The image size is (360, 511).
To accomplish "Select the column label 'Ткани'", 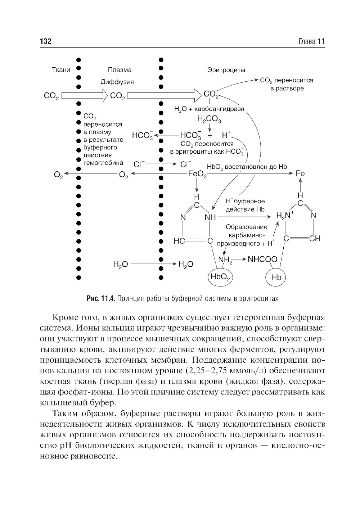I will coord(61,70).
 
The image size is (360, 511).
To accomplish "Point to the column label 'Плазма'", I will coord(120,70).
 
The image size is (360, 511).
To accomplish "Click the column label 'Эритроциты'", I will coord(226,70).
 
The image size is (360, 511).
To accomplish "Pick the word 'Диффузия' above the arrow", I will coord(117,82).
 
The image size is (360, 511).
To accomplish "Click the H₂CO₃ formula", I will coord(209,119).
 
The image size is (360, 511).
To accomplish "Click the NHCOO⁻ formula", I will coord(265,259).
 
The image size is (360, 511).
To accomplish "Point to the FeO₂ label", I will coord(197,175).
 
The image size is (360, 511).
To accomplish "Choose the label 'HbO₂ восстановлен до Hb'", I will coord(247,167).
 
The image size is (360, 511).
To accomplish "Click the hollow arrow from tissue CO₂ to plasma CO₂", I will coord(85,96).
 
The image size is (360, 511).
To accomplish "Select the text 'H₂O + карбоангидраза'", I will coord(209,109).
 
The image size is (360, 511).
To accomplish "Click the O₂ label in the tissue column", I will coord(58,175).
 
